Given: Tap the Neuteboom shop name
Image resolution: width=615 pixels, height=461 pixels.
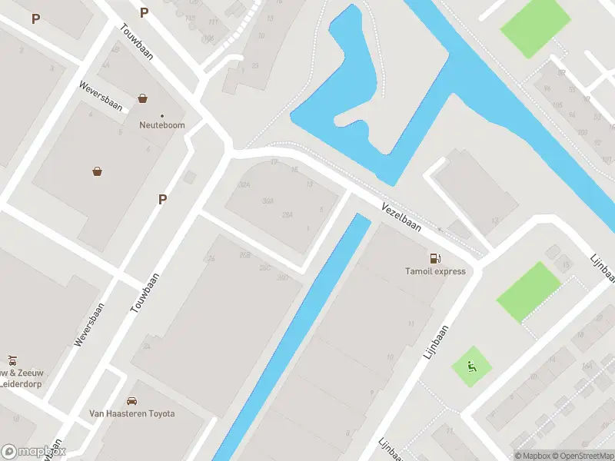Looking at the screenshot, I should click(161, 125).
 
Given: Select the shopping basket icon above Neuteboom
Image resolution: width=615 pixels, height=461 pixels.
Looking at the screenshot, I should click(143, 98).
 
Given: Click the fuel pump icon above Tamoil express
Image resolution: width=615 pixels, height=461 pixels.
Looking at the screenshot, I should click(435, 258).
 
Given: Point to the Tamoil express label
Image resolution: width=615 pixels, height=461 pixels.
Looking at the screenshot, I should click(435, 271).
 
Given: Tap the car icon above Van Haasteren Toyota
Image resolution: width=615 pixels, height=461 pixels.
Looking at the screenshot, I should click(132, 401).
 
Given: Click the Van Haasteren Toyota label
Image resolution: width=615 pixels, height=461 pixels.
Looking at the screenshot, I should click(132, 413).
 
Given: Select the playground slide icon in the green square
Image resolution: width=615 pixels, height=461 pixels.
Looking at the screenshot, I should click(470, 367).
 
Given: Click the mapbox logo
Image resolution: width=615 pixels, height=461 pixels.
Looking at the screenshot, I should click(34, 452).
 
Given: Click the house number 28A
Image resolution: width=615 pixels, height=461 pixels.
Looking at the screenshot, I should click(288, 214).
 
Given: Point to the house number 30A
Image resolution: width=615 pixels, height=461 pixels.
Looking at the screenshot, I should click(268, 201).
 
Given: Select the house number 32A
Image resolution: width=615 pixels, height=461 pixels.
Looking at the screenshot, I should click(245, 185).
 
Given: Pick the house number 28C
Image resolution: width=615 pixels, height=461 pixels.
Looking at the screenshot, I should click(265, 267).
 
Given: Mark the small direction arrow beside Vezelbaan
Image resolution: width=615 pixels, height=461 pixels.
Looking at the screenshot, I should click(440, 229).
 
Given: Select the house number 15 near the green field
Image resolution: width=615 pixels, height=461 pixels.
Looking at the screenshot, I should click(566, 265).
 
